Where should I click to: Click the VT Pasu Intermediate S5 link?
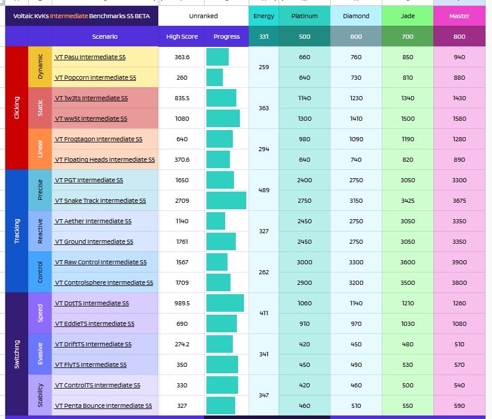tap(90, 57)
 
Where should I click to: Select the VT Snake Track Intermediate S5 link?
tap(100, 201)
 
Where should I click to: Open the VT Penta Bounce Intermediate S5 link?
tap(104, 406)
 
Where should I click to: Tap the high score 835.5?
tap(182, 98)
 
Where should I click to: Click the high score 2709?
tap(182, 201)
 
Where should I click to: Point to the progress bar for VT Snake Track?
tap(226, 200)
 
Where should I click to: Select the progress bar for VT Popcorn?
tap(215, 77)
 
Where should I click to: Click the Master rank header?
tap(459, 16)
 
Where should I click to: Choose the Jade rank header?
tap(408, 16)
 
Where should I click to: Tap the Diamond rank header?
tap(356, 16)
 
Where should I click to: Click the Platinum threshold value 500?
tap(304, 37)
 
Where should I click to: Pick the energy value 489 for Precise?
tap(264, 190)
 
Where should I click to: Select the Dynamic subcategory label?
tap(40, 66)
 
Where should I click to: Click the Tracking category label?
tap(17, 231)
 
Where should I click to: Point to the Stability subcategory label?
tap(40, 395)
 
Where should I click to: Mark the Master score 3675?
tap(459, 201)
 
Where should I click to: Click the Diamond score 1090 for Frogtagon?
tap(356, 139)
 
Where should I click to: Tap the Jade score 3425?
tap(408, 201)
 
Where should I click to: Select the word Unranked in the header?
tap(203, 16)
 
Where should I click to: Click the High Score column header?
tap(182, 37)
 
